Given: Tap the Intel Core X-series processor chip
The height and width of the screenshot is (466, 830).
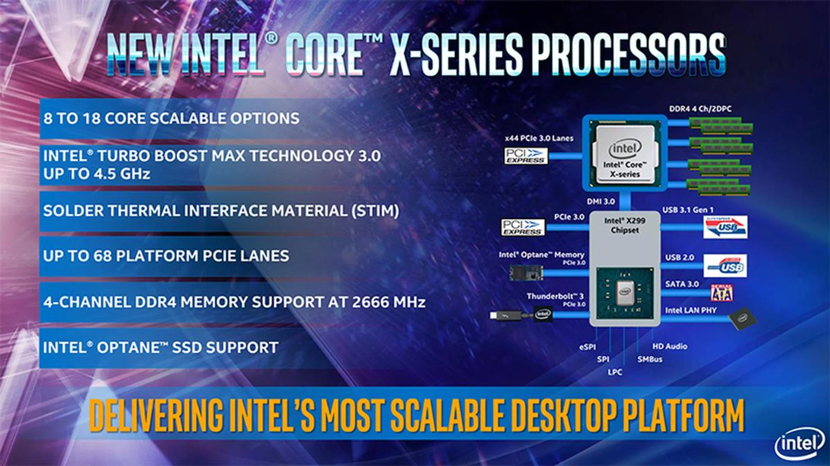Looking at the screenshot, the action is click(x=625, y=153).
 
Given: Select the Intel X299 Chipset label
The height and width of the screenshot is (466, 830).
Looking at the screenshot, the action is click(x=625, y=225).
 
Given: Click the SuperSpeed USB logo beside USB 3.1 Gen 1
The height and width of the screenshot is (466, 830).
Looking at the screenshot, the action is click(x=725, y=227).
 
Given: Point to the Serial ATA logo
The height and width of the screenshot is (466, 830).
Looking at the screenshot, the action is click(x=721, y=293).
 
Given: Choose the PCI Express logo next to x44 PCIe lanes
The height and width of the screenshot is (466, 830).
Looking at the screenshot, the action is click(x=526, y=156).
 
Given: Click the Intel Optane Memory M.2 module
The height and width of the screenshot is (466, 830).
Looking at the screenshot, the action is click(x=525, y=273).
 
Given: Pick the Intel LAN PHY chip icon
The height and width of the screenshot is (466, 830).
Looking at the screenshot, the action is click(x=742, y=319).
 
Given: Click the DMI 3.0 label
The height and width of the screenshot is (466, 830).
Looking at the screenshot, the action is click(x=601, y=202).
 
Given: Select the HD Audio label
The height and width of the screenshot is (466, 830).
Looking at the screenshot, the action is click(x=670, y=346).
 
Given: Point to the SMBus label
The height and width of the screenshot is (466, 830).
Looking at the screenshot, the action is click(x=650, y=359).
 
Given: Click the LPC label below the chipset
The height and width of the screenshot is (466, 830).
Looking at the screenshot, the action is click(x=615, y=372).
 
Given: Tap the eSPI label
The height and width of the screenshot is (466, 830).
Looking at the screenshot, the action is click(x=587, y=347).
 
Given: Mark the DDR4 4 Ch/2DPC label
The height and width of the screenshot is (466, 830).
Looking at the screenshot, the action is click(x=700, y=109).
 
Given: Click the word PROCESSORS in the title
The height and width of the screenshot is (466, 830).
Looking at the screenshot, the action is click(x=629, y=55).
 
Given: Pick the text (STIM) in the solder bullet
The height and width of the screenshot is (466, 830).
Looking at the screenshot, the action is click(x=375, y=211).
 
